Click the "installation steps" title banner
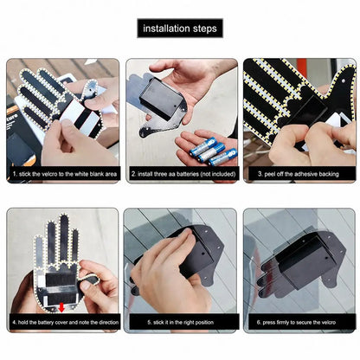pyautogui.click(x=180, y=29)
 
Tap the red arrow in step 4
pyautogui.click(x=61, y=308)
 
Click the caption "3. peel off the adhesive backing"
pyautogui.click(x=299, y=174)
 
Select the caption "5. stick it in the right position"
pyautogui.click(x=181, y=322)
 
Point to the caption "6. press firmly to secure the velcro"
pyautogui.click(x=296, y=322)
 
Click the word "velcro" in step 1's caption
pyautogui.click(x=49, y=174)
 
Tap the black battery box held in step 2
pyautogui.click(x=162, y=99)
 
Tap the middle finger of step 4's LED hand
pyautogui.click(x=64, y=239)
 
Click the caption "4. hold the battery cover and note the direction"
pyautogui.click(x=66, y=322)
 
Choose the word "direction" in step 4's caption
pyautogui.click(x=109, y=322)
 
